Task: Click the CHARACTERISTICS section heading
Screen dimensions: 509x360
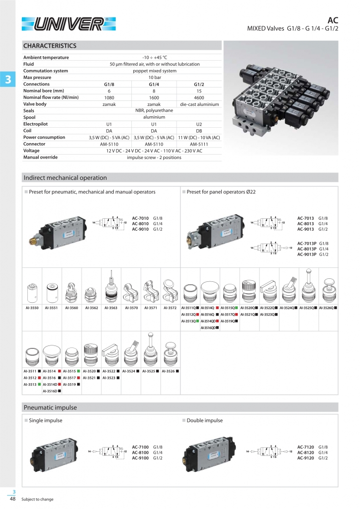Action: coord(50,46)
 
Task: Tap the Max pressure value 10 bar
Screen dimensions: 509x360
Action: coord(155,78)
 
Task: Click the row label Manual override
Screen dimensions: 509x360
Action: coord(40,157)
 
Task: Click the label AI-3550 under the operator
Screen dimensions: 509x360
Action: coord(32,308)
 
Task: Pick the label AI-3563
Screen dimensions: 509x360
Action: coord(111,308)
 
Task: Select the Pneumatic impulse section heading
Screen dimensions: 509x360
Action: coord(50,408)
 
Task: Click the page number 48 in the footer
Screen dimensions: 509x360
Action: coord(12,499)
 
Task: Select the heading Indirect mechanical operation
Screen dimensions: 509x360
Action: coord(65,177)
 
